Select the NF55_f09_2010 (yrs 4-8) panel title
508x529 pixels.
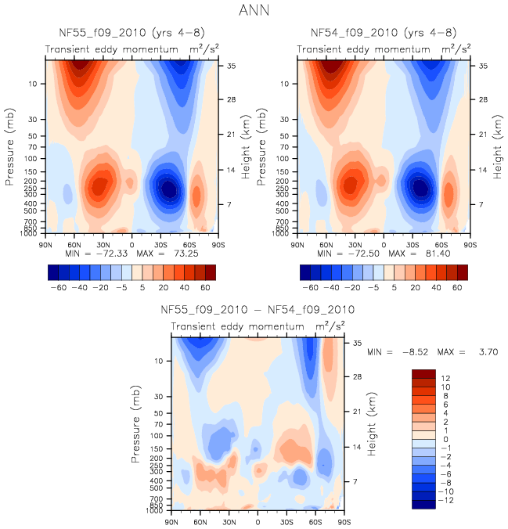(130, 33)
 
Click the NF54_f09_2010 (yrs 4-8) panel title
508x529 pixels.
(384, 33)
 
